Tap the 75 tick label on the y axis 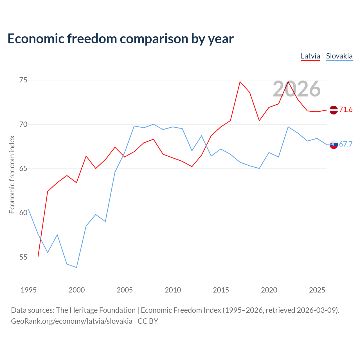click(x=23, y=80)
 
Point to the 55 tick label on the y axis click(x=23, y=257)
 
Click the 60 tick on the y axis click(x=23, y=213)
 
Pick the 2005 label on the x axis click(x=125, y=290)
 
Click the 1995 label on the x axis click(x=29, y=290)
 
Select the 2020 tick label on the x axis click(x=269, y=290)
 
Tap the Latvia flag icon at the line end click(x=334, y=110)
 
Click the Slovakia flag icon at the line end click(x=334, y=144)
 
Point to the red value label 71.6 click(x=346, y=109)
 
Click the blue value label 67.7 click(x=346, y=144)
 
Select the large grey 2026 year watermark click(x=297, y=89)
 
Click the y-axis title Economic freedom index click(x=12, y=174)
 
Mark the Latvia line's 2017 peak click(x=240, y=82)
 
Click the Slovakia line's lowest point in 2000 click(x=76, y=267)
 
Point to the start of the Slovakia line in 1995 click(x=28, y=209)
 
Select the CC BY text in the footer click(x=148, y=321)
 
